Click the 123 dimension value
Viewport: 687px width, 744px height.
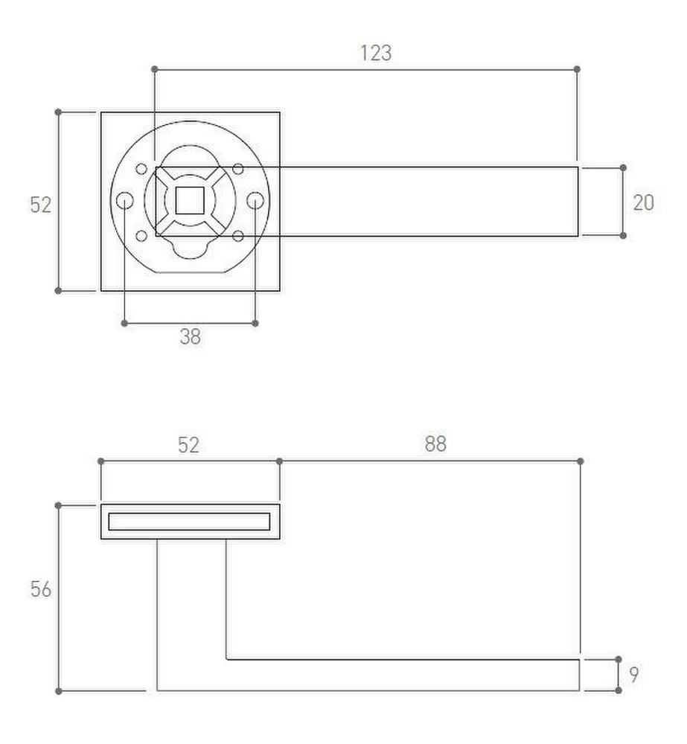click(376, 53)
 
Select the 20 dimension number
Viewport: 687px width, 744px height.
click(643, 202)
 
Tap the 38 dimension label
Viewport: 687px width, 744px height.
click(190, 337)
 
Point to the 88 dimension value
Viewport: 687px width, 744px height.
click(435, 444)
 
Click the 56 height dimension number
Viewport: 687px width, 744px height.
click(41, 589)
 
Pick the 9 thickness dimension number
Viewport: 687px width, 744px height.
click(634, 674)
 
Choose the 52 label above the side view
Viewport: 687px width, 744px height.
click(188, 445)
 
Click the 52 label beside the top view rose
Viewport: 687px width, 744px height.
click(41, 205)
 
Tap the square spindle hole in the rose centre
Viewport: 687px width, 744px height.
click(190, 201)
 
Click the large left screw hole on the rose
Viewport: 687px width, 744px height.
click(125, 201)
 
